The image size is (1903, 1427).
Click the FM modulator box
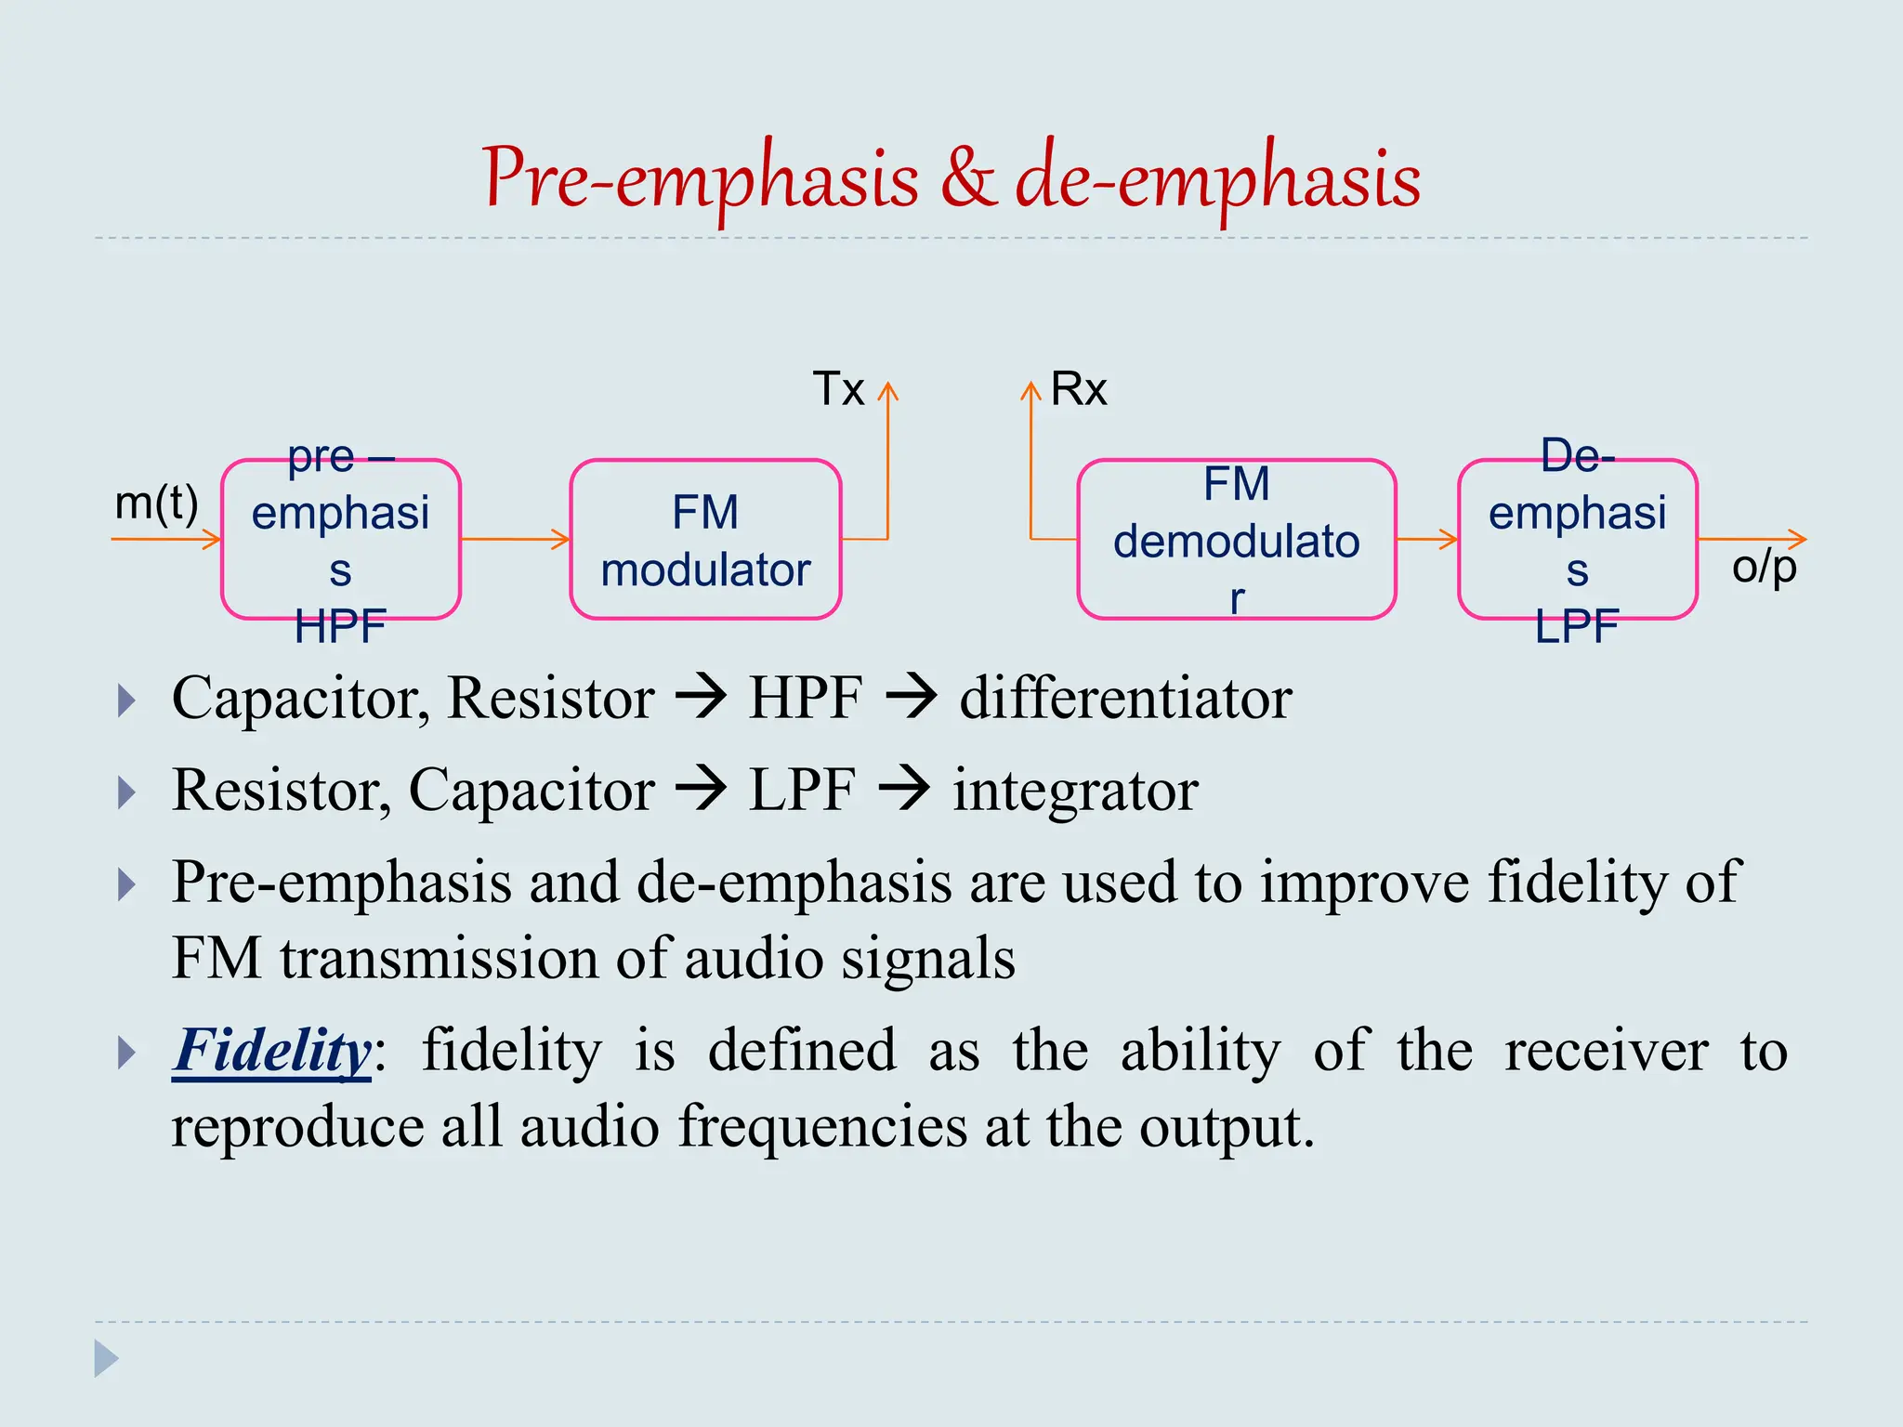point(705,540)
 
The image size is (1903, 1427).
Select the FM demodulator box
point(1236,540)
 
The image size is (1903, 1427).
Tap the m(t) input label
point(156,504)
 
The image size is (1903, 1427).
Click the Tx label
point(838,388)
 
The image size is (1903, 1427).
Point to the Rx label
point(1079,388)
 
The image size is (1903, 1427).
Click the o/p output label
point(1764,567)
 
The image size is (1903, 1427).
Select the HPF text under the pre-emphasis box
point(340,628)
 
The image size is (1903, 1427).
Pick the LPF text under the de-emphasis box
point(1577,628)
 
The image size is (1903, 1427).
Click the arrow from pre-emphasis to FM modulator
point(515,539)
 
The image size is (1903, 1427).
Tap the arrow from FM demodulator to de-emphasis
point(1427,539)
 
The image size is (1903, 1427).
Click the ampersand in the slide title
point(967,178)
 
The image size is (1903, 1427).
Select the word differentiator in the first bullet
point(1125,698)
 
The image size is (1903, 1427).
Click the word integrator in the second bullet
point(1075,791)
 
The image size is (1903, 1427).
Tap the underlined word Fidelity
point(272,1051)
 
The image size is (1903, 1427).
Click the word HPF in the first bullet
point(805,698)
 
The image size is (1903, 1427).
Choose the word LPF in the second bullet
point(802,791)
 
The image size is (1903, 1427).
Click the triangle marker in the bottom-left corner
point(106,1358)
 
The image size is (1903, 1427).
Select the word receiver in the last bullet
point(1606,1051)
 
